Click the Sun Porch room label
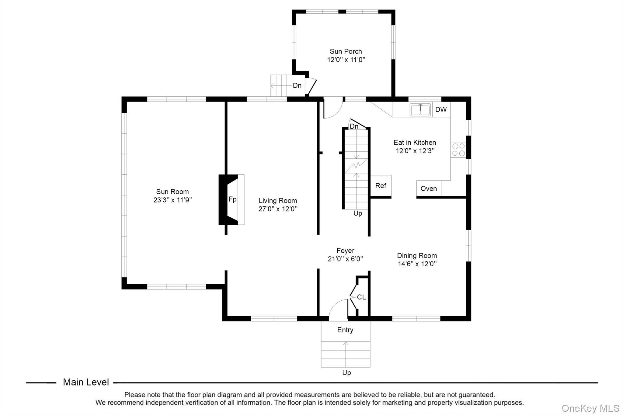(346, 51)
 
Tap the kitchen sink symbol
(420, 110)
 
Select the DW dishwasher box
(441, 109)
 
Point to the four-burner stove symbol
(458, 150)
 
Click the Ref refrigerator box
(381, 186)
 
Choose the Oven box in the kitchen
(429, 188)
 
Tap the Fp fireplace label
(232, 199)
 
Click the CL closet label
(361, 297)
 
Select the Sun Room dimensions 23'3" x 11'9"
(172, 200)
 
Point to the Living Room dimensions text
(278, 209)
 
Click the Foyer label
(345, 251)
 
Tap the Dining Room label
(417, 256)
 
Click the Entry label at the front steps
(345, 330)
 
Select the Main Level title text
(86, 382)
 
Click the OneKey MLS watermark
(590, 408)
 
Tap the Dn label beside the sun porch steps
(297, 85)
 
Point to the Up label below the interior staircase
(358, 213)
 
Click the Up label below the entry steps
(346, 373)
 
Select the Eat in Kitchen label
(415, 142)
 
